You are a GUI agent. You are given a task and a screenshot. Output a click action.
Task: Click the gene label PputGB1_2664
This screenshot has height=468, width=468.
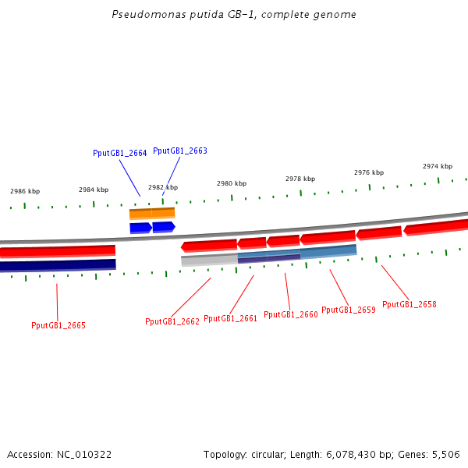[x=119, y=154]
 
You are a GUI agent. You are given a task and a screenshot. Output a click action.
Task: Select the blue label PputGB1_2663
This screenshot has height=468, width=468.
[x=179, y=151]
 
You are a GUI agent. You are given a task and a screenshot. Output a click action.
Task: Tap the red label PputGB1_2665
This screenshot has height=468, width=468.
[x=58, y=325]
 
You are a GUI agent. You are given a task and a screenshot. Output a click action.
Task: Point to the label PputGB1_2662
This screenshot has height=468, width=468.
[x=172, y=321]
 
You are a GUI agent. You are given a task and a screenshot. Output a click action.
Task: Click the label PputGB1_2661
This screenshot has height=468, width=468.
[x=230, y=318]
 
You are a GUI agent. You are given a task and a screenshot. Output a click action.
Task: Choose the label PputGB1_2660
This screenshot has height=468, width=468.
[x=290, y=314]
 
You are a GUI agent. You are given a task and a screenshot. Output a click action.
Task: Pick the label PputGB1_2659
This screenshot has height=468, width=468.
[x=348, y=310]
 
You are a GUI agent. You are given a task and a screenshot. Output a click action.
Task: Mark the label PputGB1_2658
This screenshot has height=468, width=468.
[x=409, y=304]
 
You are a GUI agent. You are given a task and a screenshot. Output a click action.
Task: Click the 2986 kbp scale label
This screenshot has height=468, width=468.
[x=25, y=191]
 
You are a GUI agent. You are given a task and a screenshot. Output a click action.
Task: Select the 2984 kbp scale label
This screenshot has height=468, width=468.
[x=94, y=190]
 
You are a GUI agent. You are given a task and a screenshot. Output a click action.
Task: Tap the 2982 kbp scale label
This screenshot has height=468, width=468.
[x=163, y=187]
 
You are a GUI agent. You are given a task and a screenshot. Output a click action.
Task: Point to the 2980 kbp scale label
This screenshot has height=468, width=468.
[x=232, y=183]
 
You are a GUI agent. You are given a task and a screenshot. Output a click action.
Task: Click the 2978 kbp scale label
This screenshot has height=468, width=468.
[x=300, y=179]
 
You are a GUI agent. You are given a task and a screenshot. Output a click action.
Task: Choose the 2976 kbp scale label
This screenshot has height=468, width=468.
[x=369, y=172]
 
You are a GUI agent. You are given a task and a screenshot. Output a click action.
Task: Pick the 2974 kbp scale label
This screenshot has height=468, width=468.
[x=438, y=166]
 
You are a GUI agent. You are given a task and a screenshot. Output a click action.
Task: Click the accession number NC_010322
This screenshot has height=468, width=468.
[x=83, y=454]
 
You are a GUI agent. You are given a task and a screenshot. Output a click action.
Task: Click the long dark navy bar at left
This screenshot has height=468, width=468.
[x=58, y=265]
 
